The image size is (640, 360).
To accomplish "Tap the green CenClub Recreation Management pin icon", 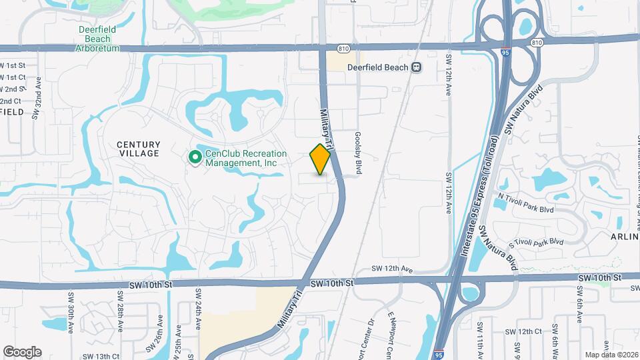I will [x=195, y=157].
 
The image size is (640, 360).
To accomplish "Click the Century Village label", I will [x=139, y=149].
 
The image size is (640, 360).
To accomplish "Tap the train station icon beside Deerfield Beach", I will [x=417, y=67].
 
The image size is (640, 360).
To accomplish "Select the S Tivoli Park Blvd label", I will [x=536, y=241].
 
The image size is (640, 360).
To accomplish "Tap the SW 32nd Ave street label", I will [x=37, y=97].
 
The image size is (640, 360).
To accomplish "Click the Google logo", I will [x=22, y=352].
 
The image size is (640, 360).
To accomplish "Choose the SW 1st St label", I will [x=12, y=65].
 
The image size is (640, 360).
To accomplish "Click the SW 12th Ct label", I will [x=523, y=331].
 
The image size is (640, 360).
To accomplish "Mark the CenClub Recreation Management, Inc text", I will [x=246, y=158].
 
